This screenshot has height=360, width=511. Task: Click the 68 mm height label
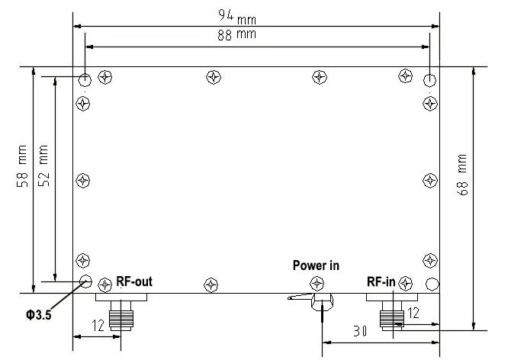pos(463,176)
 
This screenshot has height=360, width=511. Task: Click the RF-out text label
pos(134,281)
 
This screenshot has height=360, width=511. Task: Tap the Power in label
pos(316,265)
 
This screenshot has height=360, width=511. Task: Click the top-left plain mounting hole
pos(86,80)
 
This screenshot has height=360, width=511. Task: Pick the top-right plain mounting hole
pos(431,80)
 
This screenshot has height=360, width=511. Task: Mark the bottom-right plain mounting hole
pos(431,283)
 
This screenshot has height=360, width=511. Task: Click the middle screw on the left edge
pos(84,181)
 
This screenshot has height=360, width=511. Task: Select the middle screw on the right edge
pos(429,180)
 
